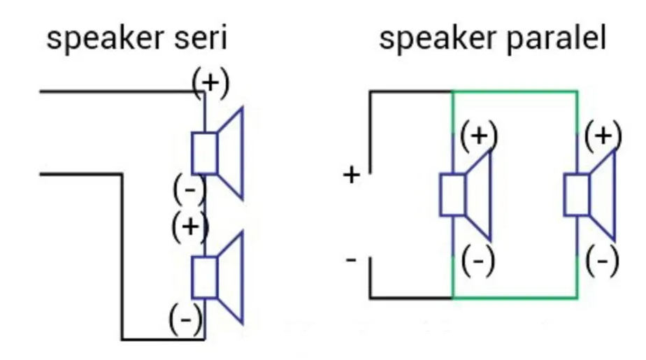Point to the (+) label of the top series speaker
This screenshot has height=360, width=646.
210,82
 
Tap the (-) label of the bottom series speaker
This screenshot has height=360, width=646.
186,320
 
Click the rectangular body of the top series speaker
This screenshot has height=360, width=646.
204,152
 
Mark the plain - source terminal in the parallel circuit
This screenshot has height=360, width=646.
351,260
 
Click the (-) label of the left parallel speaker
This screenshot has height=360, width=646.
478,261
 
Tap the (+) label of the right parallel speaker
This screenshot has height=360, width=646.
603,134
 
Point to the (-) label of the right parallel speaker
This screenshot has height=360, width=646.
602,261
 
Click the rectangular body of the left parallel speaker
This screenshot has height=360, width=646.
452,194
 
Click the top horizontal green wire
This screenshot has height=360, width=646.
515,91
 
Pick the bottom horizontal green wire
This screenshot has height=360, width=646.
515,298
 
